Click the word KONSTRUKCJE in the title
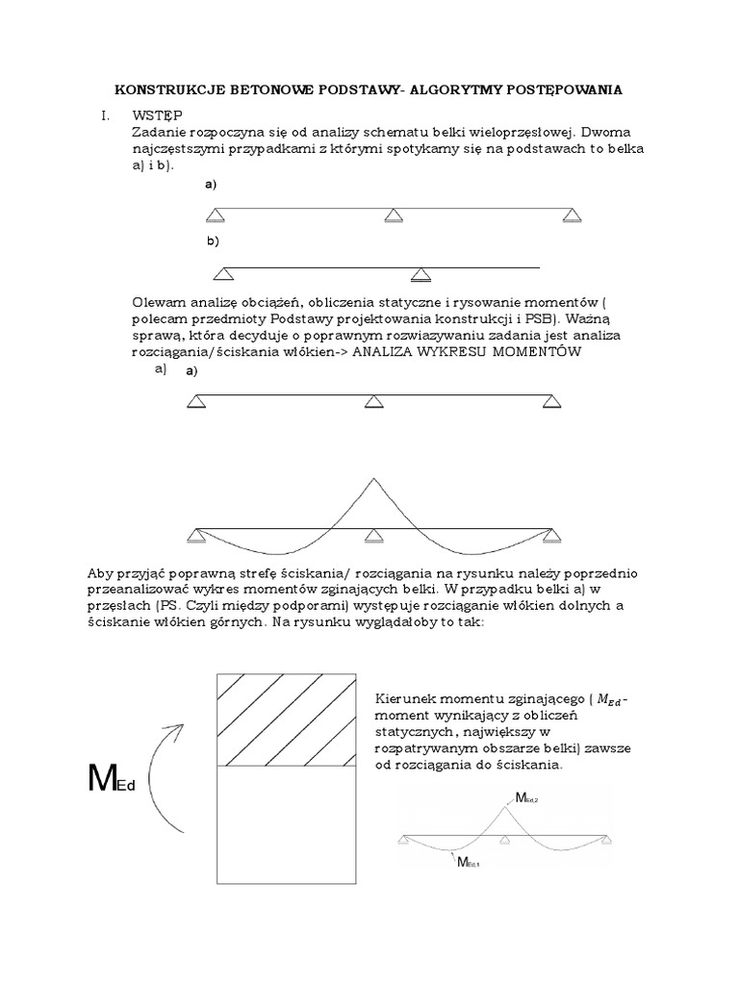coord(166,89)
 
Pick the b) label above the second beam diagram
coord(213,240)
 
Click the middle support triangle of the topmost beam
coord(393,215)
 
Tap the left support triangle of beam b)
coord(223,274)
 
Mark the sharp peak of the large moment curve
coord(373,478)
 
